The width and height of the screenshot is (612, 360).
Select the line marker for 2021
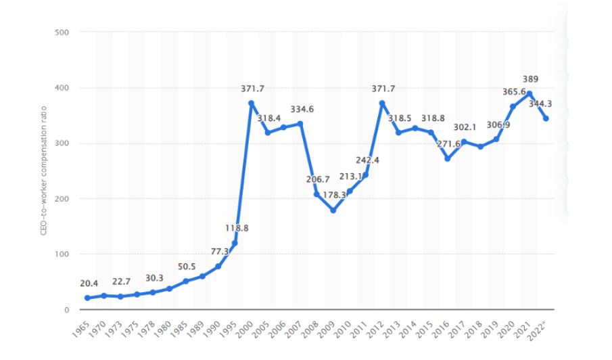[529, 93]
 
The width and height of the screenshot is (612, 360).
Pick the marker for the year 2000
[252, 103]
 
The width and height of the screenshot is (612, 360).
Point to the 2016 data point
[447, 159]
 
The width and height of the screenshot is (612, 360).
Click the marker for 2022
[545, 118]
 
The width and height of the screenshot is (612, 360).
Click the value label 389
[530, 79]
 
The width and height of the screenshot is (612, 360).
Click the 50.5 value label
[185, 267]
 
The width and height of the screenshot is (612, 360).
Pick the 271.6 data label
[449, 144]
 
